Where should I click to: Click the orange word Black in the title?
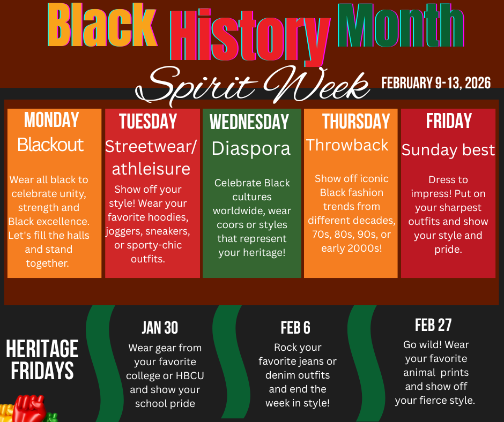102,25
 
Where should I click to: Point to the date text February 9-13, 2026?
436,83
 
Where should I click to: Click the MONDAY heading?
51,119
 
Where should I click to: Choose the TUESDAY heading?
148,121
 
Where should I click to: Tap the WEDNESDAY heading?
249,122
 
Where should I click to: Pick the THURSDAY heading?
356,121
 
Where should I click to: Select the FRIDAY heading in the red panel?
449,120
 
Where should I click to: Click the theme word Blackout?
50,145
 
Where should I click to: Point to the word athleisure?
151,169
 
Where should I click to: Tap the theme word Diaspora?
251,149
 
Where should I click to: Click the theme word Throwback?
347,145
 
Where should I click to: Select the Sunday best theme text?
448,150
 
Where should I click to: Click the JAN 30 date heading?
160,328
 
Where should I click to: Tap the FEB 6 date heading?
295,328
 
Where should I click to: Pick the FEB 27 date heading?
433,325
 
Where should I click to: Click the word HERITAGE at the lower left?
42,349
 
